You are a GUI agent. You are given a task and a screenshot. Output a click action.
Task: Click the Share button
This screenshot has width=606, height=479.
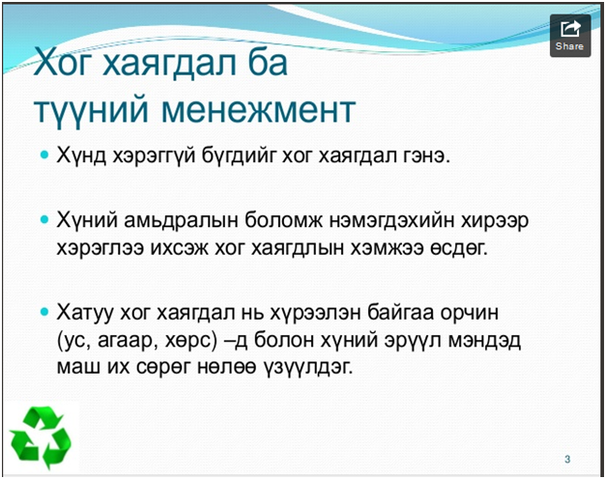coord(570,36)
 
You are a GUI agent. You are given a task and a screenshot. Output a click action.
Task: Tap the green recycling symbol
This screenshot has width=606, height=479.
coord(41,437)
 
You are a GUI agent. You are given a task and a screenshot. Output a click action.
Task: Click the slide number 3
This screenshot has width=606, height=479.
coord(567,459)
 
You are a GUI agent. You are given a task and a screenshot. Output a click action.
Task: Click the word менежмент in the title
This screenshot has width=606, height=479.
coord(258,110)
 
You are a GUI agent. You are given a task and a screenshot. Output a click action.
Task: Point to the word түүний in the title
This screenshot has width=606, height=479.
coord(91,111)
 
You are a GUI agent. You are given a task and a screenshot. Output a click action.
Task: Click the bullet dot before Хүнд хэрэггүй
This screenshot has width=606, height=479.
coord(44,155)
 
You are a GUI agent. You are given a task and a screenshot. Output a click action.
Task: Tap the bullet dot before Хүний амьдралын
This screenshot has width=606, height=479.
coord(44,220)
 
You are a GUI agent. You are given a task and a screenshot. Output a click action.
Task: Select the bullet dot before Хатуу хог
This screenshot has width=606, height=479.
coord(44,311)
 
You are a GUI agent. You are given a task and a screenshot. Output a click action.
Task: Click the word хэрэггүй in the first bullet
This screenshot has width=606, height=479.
coord(154,156)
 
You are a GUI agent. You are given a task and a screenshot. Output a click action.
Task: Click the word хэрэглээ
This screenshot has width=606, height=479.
coord(101,249)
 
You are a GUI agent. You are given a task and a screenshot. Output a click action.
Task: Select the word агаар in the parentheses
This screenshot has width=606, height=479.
coord(128,341)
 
